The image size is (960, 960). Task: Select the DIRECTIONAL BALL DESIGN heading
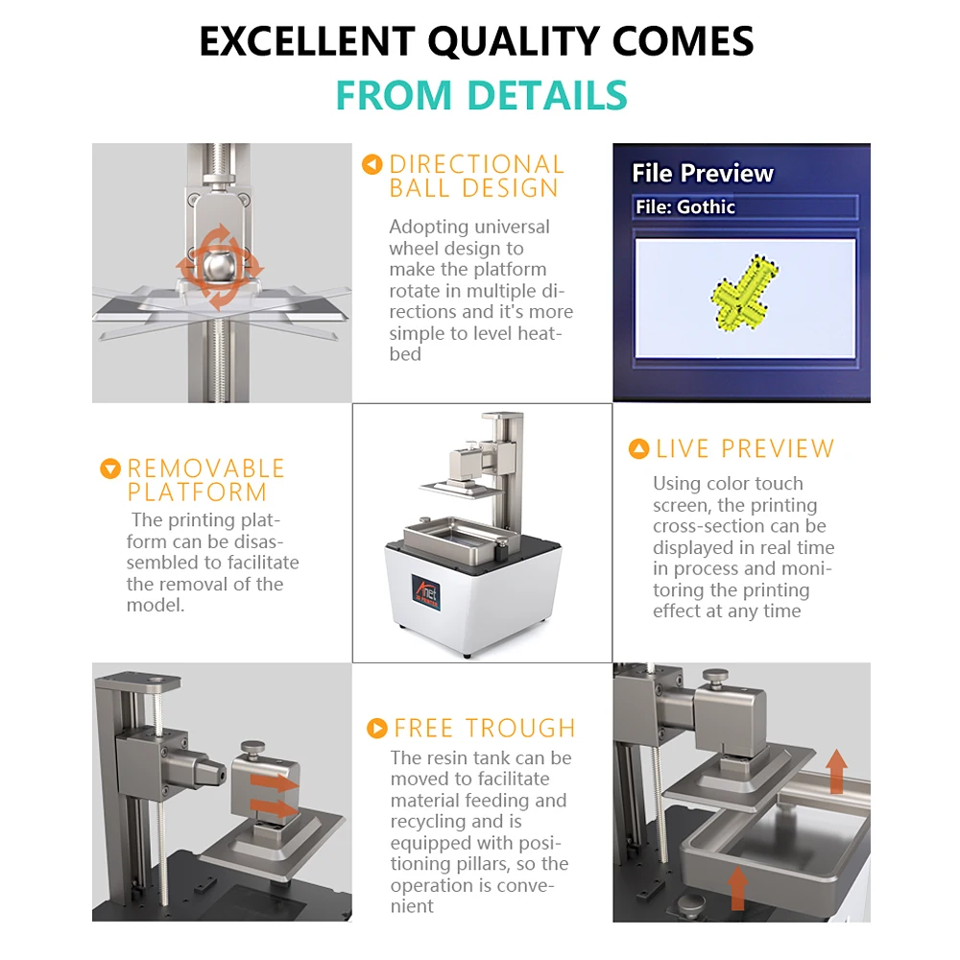click(476, 177)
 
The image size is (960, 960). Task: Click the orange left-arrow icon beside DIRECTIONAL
click(372, 165)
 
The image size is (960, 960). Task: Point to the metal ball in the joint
click(217, 266)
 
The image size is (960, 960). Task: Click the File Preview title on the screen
click(703, 173)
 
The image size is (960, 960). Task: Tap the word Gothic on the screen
click(706, 207)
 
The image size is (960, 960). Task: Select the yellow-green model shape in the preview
click(744, 293)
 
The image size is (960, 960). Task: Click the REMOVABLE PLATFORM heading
click(205, 481)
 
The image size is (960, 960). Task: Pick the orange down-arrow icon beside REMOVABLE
click(110, 469)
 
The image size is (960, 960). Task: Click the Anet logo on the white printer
click(425, 590)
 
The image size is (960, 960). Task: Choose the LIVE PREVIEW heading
click(745, 448)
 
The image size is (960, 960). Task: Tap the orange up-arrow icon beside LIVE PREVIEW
click(638, 448)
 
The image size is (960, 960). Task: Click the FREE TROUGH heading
click(485, 728)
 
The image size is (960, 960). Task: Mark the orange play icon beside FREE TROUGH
click(377, 728)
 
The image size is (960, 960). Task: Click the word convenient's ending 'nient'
click(412, 906)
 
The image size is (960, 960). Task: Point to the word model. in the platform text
click(156, 605)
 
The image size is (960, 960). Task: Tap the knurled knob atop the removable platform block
click(252, 748)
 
